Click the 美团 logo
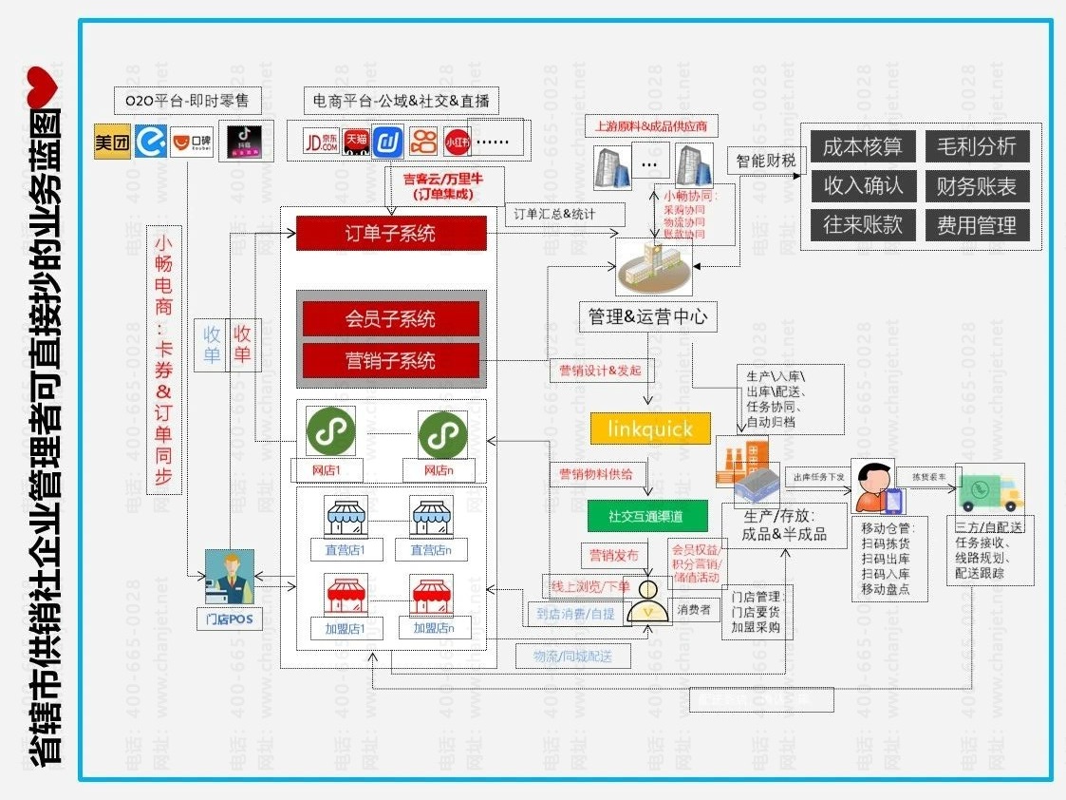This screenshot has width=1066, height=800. click(112, 143)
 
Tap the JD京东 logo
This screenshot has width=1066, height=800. click(321, 142)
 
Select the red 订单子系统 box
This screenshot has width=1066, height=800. click(391, 234)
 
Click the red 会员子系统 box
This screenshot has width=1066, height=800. click(391, 319)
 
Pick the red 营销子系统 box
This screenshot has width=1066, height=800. click(391, 361)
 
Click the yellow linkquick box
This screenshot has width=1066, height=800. click(649, 429)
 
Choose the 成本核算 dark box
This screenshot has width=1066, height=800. click(863, 146)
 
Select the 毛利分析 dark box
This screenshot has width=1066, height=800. click(976, 146)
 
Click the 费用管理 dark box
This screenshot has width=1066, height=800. click(976, 225)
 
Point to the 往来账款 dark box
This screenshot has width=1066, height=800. click(863, 225)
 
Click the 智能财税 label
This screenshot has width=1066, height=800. click(766, 161)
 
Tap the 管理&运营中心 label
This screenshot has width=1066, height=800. click(647, 316)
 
